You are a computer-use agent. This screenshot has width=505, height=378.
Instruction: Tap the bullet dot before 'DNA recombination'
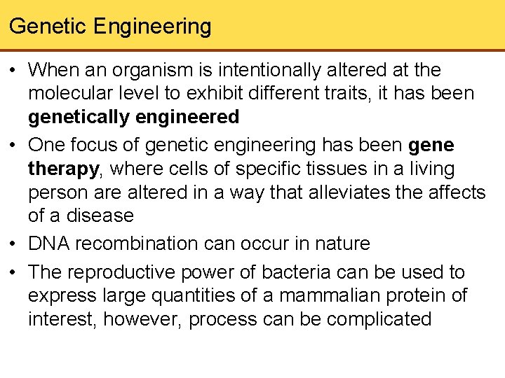tap(14, 244)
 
